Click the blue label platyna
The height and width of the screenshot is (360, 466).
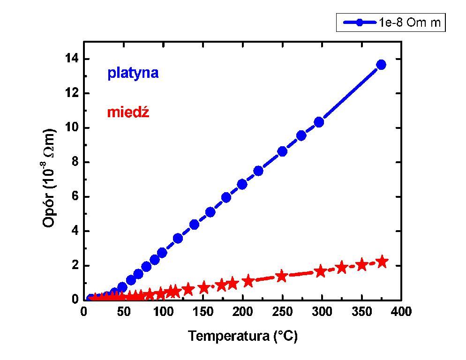(133, 73)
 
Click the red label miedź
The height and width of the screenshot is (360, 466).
(128, 112)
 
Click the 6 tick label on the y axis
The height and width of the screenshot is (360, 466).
(75, 197)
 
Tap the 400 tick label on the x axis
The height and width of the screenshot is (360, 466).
(401, 312)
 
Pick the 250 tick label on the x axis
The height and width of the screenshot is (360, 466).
(282, 312)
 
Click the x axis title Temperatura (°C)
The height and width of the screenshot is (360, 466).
(243, 336)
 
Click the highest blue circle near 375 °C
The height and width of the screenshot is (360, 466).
(381, 65)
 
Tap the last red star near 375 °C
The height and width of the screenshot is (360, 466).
(382, 262)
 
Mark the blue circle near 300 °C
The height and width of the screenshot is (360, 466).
(319, 122)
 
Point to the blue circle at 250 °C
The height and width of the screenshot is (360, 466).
(282, 151)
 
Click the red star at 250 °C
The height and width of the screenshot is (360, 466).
(281, 276)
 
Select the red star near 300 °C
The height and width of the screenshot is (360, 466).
(320, 271)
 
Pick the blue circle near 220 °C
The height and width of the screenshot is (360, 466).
(258, 171)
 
